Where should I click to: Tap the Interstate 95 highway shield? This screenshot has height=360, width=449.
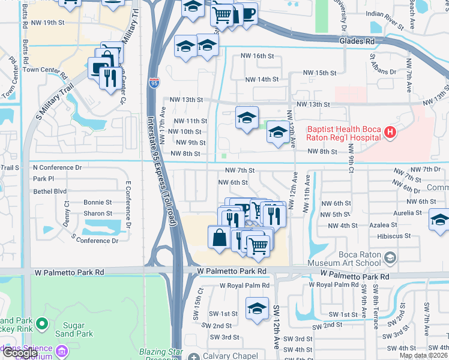[154, 79]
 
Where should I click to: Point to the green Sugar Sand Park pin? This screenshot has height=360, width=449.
[41, 325]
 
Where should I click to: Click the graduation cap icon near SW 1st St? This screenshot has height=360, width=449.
[257, 309]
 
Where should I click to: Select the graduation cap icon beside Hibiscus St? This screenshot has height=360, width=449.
[439, 221]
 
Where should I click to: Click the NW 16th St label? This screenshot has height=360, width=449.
[257, 56]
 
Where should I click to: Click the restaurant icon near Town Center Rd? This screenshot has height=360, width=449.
[109, 77]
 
